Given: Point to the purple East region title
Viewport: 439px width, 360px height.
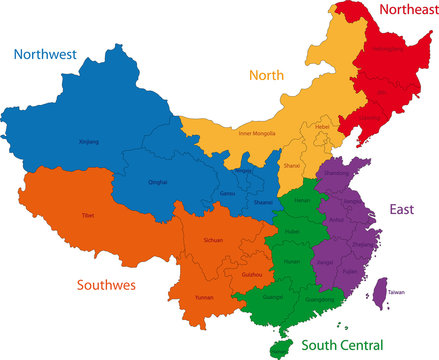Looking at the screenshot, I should (x=402, y=209).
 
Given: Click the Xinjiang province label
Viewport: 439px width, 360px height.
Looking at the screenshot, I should (x=89, y=142).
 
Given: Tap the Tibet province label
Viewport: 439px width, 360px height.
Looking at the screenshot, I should (x=88, y=215).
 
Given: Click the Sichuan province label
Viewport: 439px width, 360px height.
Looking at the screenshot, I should (x=213, y=241).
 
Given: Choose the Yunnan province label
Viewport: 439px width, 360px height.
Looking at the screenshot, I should (x=203, y=297).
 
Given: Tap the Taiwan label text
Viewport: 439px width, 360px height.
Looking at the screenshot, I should (x=397, y=292).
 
